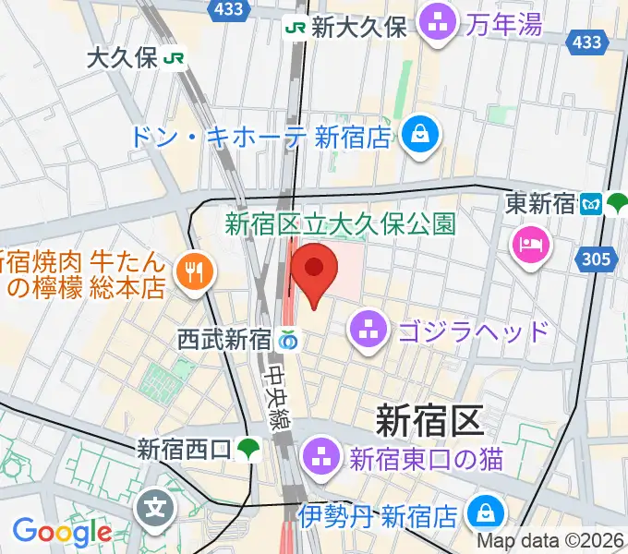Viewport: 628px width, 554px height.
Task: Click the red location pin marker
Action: [314, 270]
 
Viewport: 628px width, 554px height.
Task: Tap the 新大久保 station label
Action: [359, 28]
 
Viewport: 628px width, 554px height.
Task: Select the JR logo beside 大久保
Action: [175, 58]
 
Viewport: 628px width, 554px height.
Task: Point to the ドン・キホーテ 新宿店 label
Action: [261, 138]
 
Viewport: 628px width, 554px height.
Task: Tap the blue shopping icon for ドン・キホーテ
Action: [420, 136]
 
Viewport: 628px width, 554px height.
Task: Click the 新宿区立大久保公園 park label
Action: [340, 223]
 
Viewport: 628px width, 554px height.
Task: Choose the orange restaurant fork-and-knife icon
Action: [194, 271]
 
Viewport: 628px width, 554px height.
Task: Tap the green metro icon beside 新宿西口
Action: [248, 450]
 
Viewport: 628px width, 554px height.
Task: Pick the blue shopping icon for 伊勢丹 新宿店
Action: [483, 512]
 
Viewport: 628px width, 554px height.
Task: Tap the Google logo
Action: [63, 532]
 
